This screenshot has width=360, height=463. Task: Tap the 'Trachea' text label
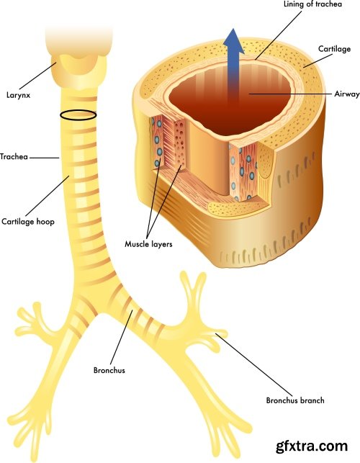coord(14,156)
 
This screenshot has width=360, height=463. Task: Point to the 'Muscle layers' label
coord(148,243)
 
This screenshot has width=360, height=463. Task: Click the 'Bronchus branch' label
coord(295,400)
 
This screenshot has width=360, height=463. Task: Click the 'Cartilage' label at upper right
coord(335,48)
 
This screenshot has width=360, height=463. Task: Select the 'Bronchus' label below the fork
coord(109,370)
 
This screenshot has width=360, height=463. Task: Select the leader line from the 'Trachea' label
coord(45,156)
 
